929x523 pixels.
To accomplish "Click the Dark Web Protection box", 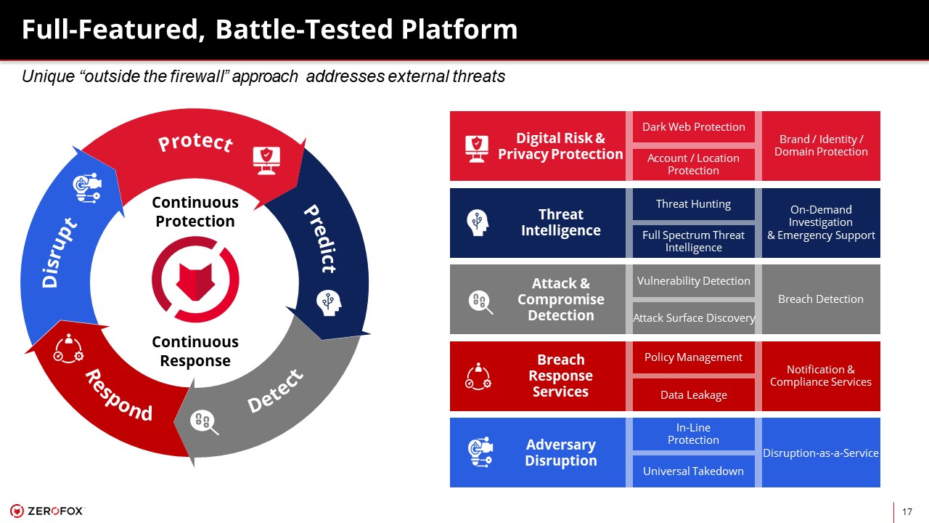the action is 693,126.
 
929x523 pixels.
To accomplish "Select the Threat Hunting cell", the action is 693,204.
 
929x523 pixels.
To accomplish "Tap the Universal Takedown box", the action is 693,471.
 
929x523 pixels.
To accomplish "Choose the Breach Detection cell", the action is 821,299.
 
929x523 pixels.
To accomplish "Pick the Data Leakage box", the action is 693,394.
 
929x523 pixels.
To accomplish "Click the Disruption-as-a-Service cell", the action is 821,453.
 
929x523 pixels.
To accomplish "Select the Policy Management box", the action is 693,357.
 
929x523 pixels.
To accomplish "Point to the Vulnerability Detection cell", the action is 693,281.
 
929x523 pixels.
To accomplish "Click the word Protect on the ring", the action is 195,143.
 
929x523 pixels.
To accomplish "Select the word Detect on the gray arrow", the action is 275,391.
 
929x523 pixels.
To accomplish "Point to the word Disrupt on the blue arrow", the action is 60,252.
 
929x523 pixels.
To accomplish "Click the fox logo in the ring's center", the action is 195,280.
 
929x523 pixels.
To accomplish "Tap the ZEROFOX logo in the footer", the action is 47,511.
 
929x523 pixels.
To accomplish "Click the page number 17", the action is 907,512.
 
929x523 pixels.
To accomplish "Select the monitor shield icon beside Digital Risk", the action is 477,149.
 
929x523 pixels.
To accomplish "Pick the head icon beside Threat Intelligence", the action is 478,223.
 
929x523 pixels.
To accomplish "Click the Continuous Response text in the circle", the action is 195,351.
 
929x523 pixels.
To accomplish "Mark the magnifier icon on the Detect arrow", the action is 204,423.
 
